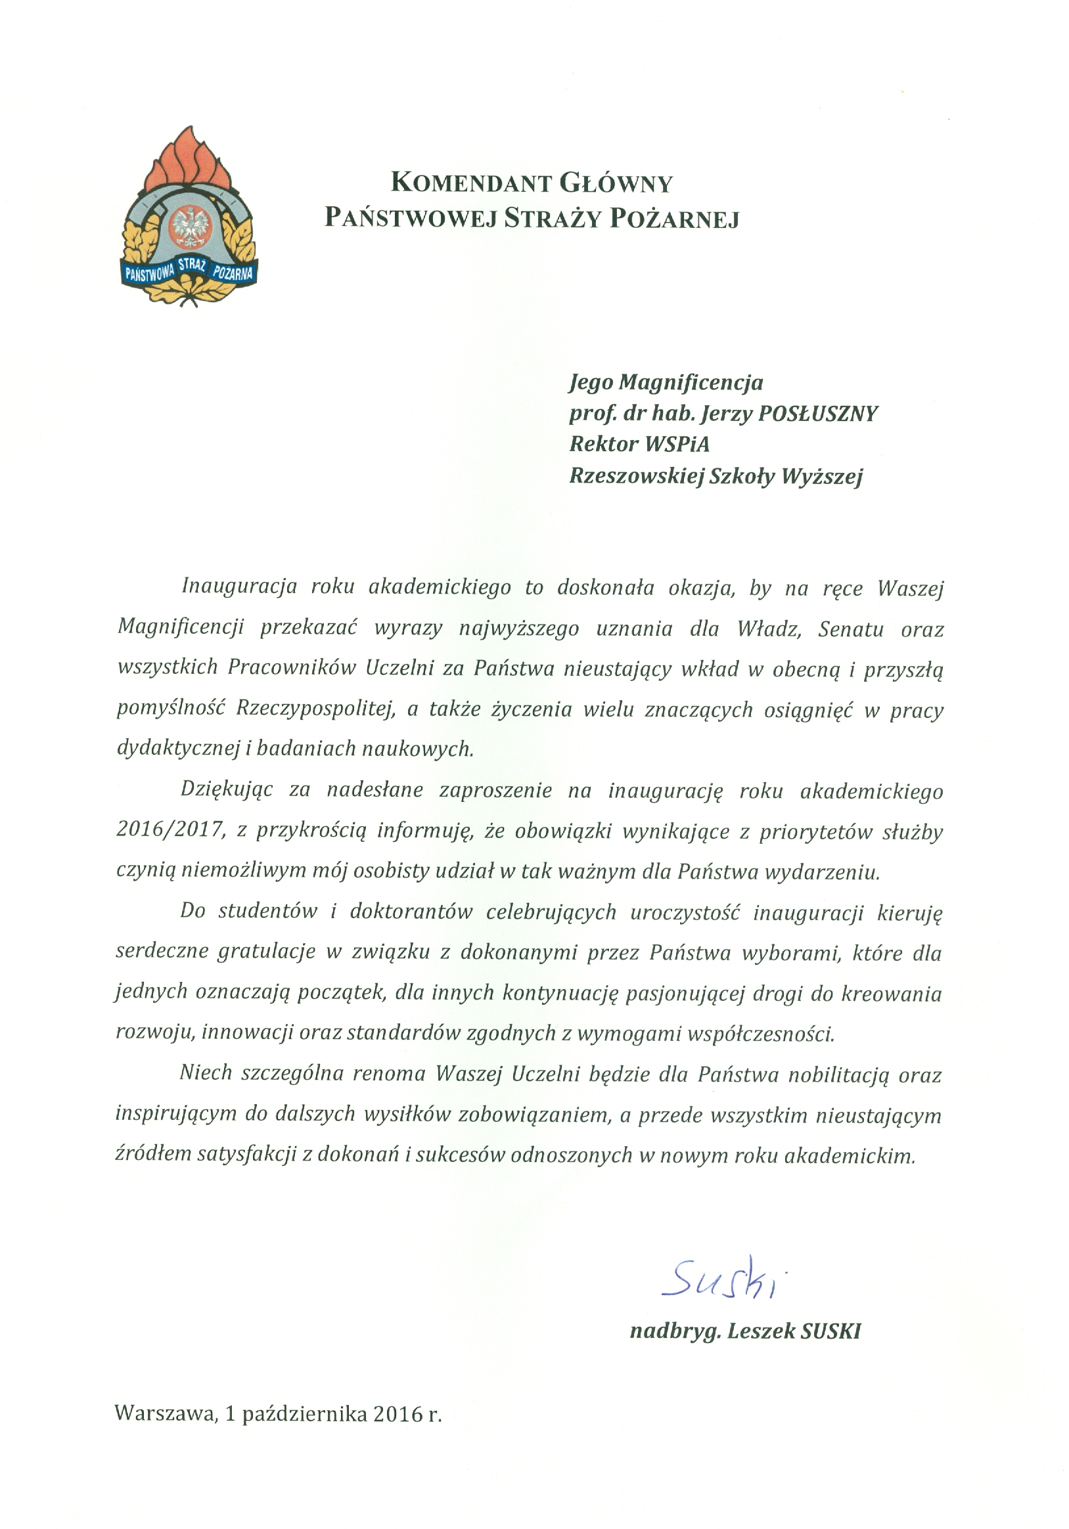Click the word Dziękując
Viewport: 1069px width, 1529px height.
(227, 790)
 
